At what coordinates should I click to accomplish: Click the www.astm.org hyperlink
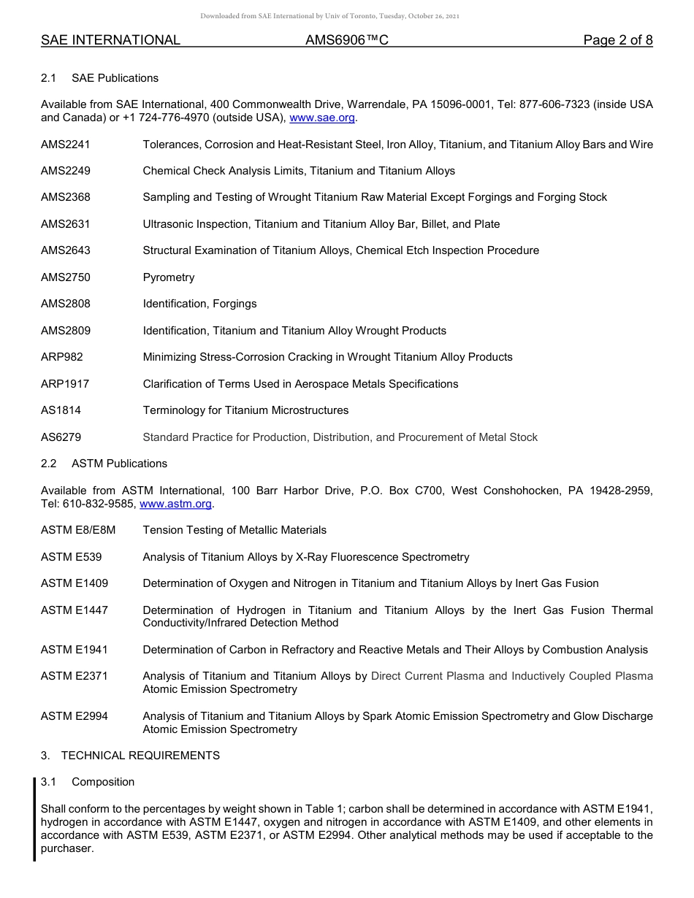[175, 504]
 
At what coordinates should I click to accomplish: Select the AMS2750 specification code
[66, 277]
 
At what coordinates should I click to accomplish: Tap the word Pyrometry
[169, 277]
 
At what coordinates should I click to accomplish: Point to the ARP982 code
[62, 357]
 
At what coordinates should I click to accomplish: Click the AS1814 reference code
[61, 410]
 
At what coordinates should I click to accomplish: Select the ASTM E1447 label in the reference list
[75, 610]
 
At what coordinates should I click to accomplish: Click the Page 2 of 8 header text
[617, 40]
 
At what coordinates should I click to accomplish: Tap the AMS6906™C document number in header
[347, 40]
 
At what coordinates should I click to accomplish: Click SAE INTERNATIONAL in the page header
[110, 40]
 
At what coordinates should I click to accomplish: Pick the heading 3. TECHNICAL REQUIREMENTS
[130, 756]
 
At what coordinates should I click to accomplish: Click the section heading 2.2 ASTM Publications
[104, 464]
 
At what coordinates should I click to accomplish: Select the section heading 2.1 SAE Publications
[99, 78]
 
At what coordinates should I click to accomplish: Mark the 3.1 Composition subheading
[88, 782]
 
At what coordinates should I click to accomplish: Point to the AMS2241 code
[66, 145]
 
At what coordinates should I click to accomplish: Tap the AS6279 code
[61, 437]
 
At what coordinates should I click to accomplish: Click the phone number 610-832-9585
[99, 504]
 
